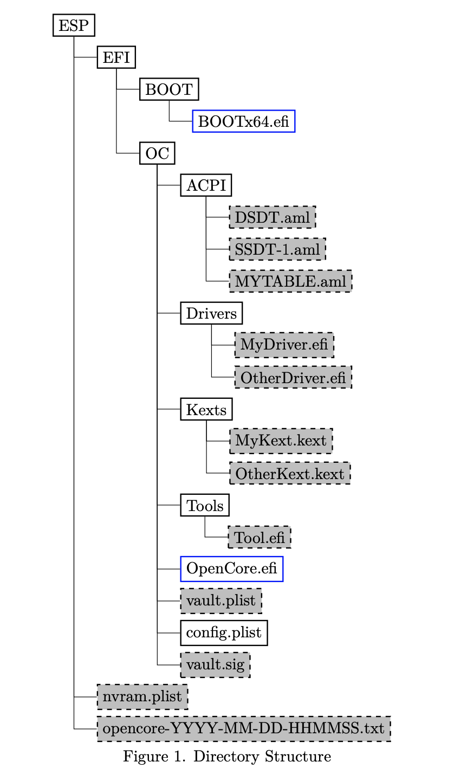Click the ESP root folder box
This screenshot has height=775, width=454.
pyautogui.click(x=73, y=26)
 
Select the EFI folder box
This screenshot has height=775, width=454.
pyautogui.click(x=116, y=57)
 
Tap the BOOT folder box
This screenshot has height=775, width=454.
pyautogui.click(x=169, y=89)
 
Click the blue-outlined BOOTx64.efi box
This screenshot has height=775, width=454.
pyautogui.click(x=244, y=121)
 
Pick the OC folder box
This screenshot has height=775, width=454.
pyautogui.click(x=157, y=153)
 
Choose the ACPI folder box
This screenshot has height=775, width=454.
pyautogui.click(x=206, y=185)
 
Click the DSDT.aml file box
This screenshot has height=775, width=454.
pyautogui.click(x=272, y=217)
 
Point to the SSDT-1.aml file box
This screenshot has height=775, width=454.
pyautogui.click(x=277, y=249)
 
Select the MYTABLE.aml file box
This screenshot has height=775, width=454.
pyautogui.click(x=290, y=281)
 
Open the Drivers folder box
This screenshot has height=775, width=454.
pyautogui.click(x=211, y=313)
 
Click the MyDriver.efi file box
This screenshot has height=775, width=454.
pyautogui.click(x=284, y=345)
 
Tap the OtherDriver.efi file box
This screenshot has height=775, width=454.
pyautogui.click(x=293, y=377)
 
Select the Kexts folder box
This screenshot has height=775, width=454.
pyautogui.click(x=206, y=409)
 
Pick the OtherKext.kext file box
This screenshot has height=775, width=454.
pyautogui.click(x=289, y=473)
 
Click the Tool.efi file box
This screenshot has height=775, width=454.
pyautogui.click(x=260, y=537)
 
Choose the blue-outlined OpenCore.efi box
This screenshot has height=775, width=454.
pyautogui.click(x=232, y=569)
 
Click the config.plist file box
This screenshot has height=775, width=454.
pyautogui.click(x=224, y=632)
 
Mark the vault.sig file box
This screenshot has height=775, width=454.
pyautogui.click(x=215, y=664)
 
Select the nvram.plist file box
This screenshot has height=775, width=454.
pyautogui.click(x=142, y=696)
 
